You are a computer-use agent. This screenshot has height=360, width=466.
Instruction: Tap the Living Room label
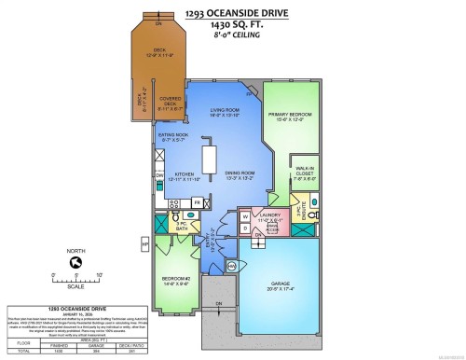pos(217,112)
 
